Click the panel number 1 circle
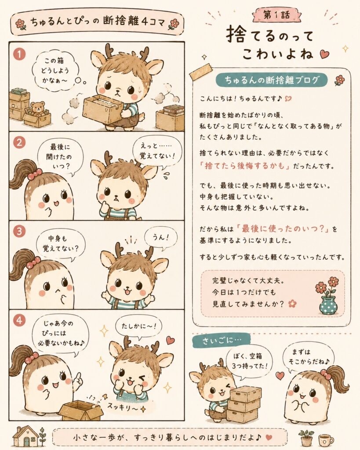pyautogui.click(x=19, y=54)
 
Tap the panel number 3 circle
pyautogui.click(x=19, y=231)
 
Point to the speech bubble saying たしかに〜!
pyautogui.click(x=138, y=327)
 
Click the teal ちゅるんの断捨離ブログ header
pyautogui.click(x=271, y=80)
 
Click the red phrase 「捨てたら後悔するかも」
pyautogui.click(x=245, y=166)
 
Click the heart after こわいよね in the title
pyautogui.click(x=324, y=54)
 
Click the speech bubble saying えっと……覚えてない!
pyautogui.click(x=158, y=152)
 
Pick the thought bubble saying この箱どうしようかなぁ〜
pyautogui.click(x=55, y=71)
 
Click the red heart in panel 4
pyautogui.click(x=171, y=341)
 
